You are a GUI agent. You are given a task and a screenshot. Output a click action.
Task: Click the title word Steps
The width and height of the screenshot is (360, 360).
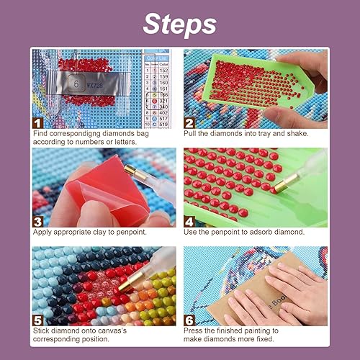pyautogui.click(x=179, y=24)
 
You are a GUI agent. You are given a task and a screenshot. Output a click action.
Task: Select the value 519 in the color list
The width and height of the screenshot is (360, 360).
pyautogui.click(x=164, y=124)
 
